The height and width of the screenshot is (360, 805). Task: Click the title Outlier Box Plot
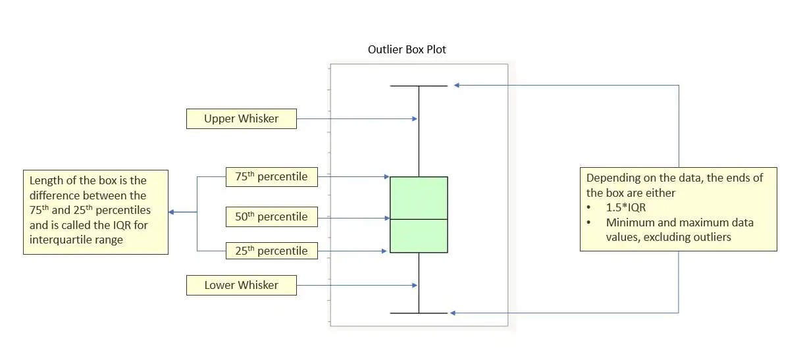click(x=407, y=49)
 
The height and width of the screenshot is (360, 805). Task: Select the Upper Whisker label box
click(x=241, y=119)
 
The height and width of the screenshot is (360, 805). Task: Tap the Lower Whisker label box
click(x=241, y=285)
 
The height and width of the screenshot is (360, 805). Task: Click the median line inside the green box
click(x=419, y=219)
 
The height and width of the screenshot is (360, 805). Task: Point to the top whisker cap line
click(x=419, y=86)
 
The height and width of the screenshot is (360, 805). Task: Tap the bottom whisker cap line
click(x=419, y=313)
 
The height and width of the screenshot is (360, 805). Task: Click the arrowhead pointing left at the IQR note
click(x=172, y=212)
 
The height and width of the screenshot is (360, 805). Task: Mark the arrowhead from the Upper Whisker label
click(x=415, y=119)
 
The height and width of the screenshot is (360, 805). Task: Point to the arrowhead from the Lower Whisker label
click(x=415, y=285)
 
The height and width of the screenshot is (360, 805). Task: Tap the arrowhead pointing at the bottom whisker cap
click(x=454, y=313)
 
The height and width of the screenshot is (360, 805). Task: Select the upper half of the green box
click(x=419, y=197)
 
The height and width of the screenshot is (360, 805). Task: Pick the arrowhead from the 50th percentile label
click(x=386, y=217)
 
